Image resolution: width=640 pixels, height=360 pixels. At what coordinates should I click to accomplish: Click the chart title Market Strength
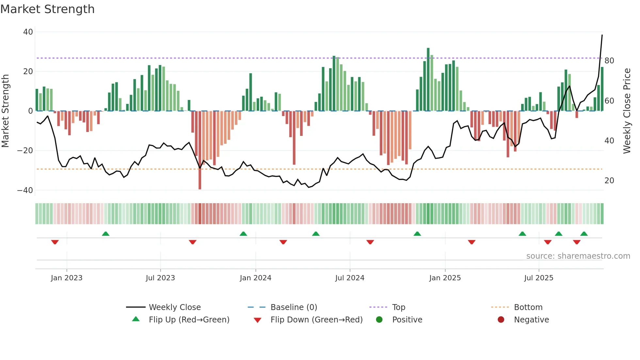pos(48,9)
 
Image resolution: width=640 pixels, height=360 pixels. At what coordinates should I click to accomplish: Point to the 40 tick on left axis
pos(28,32)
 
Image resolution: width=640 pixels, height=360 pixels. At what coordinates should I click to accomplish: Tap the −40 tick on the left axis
pos(25,190)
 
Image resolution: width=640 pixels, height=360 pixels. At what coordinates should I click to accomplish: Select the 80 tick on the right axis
pos(609,61)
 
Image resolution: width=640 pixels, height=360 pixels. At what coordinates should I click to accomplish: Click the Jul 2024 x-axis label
pos(350,278)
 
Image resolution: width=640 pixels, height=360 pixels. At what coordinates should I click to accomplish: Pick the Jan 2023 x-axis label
pos(67,278)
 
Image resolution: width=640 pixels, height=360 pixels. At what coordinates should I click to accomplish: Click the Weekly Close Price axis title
pos(627,111)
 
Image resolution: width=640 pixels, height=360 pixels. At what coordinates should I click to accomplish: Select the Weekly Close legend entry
pos(175,307)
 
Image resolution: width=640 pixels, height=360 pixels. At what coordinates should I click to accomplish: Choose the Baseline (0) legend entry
pos(294,307)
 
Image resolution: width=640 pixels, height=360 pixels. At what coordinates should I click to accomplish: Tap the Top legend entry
pos(398,307)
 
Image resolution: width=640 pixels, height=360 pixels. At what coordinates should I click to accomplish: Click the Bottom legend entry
pos(528,307)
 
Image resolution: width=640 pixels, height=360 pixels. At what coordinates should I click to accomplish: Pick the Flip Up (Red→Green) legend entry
pos(189,320)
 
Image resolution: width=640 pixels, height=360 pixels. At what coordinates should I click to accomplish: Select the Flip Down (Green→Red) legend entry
pos(316,320)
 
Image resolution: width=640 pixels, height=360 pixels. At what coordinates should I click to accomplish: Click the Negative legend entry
pos(531,320)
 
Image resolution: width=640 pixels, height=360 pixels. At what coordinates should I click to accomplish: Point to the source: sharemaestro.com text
pos(578,256)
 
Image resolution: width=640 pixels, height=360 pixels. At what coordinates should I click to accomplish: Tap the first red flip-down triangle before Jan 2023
pos(55,242)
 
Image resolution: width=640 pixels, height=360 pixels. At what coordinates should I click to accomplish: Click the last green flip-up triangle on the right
pos(584,234)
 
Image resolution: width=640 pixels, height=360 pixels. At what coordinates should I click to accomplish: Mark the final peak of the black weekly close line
pos(602,35)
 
